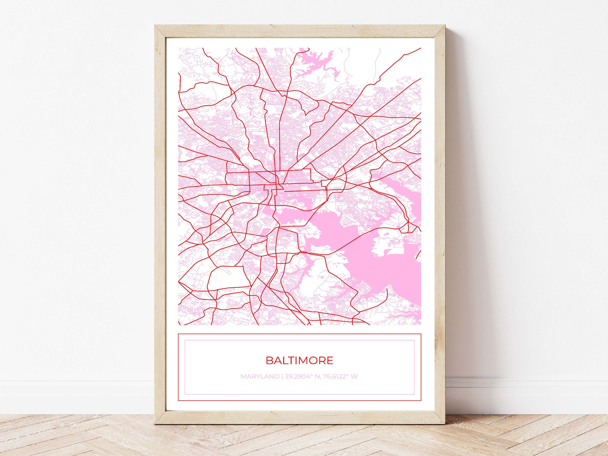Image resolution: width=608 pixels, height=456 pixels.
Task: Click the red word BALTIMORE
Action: tap(299, 360)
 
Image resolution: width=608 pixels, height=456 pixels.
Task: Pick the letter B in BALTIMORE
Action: tap(269, 360)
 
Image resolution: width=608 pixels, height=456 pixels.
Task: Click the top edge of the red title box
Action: tap(300, 334)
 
